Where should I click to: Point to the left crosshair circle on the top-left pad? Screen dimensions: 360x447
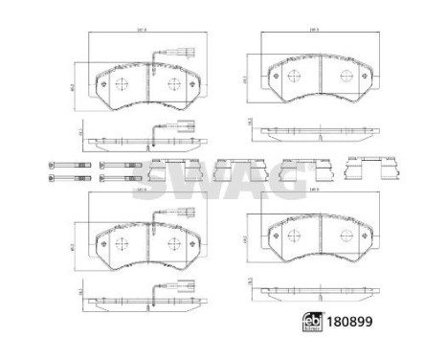click(x=123, y=84)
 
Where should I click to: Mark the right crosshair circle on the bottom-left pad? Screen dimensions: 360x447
click(x=175, y=239)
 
